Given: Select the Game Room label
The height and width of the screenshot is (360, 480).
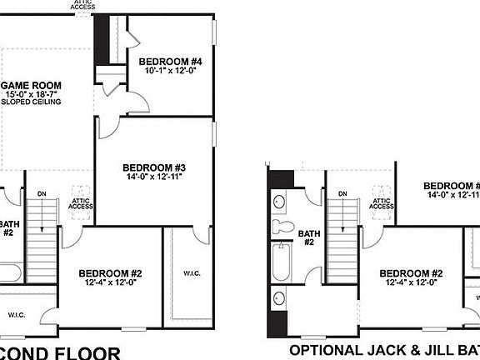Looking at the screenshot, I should pos(28,85).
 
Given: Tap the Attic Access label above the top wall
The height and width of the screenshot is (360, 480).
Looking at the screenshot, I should pos(84,4).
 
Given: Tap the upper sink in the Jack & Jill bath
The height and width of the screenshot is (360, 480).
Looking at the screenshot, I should pos(278,201).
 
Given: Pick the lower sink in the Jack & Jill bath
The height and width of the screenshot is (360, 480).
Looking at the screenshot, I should pos(278,297).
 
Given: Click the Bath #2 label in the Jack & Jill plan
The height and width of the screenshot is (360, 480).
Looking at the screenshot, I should pos(307,238).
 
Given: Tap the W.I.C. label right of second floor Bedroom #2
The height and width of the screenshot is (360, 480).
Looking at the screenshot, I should pos(192,273).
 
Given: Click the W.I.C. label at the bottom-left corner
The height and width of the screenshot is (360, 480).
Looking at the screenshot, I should pos(17,314).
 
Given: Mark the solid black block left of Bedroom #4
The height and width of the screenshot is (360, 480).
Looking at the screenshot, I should pos(102,38).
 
